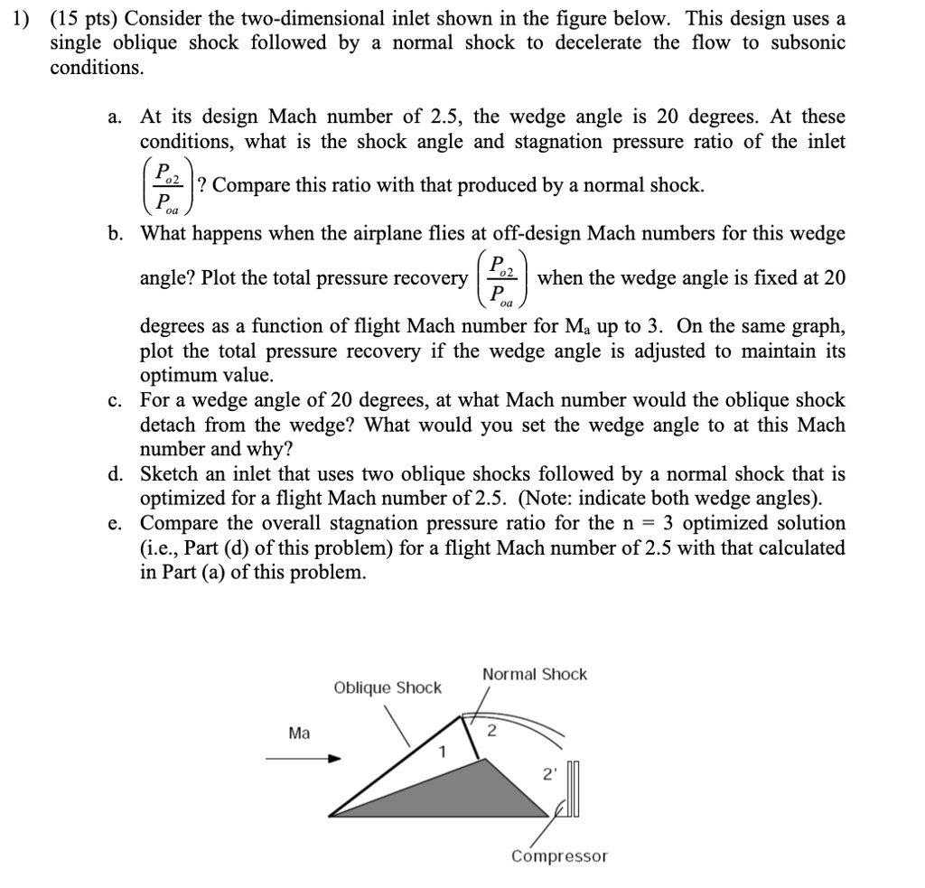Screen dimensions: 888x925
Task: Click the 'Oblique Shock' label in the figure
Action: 388,687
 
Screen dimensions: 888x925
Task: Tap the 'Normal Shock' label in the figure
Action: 534,674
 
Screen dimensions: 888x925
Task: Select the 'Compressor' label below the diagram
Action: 559,855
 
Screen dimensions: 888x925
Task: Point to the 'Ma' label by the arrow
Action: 299,733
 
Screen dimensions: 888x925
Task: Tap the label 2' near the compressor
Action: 548,773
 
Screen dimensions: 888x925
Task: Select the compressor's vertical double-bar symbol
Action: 575,790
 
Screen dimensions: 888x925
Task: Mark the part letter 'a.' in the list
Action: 115,117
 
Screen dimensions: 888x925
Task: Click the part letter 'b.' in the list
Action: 115,234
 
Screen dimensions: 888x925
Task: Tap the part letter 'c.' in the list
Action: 115,400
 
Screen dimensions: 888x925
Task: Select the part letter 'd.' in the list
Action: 115,474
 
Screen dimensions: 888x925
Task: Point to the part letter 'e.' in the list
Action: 115,524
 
